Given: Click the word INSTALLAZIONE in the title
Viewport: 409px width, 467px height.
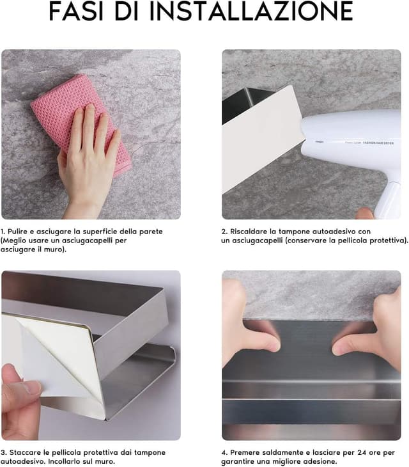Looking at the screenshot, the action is tap(251, 11).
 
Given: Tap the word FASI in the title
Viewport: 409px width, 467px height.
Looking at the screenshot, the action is tap(77, 11).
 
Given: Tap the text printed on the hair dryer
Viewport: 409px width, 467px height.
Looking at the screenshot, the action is tap(369, 143).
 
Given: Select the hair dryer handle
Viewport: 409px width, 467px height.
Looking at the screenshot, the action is tap(387, 200).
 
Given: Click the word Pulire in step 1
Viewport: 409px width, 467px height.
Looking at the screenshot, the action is tap(17, 232).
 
